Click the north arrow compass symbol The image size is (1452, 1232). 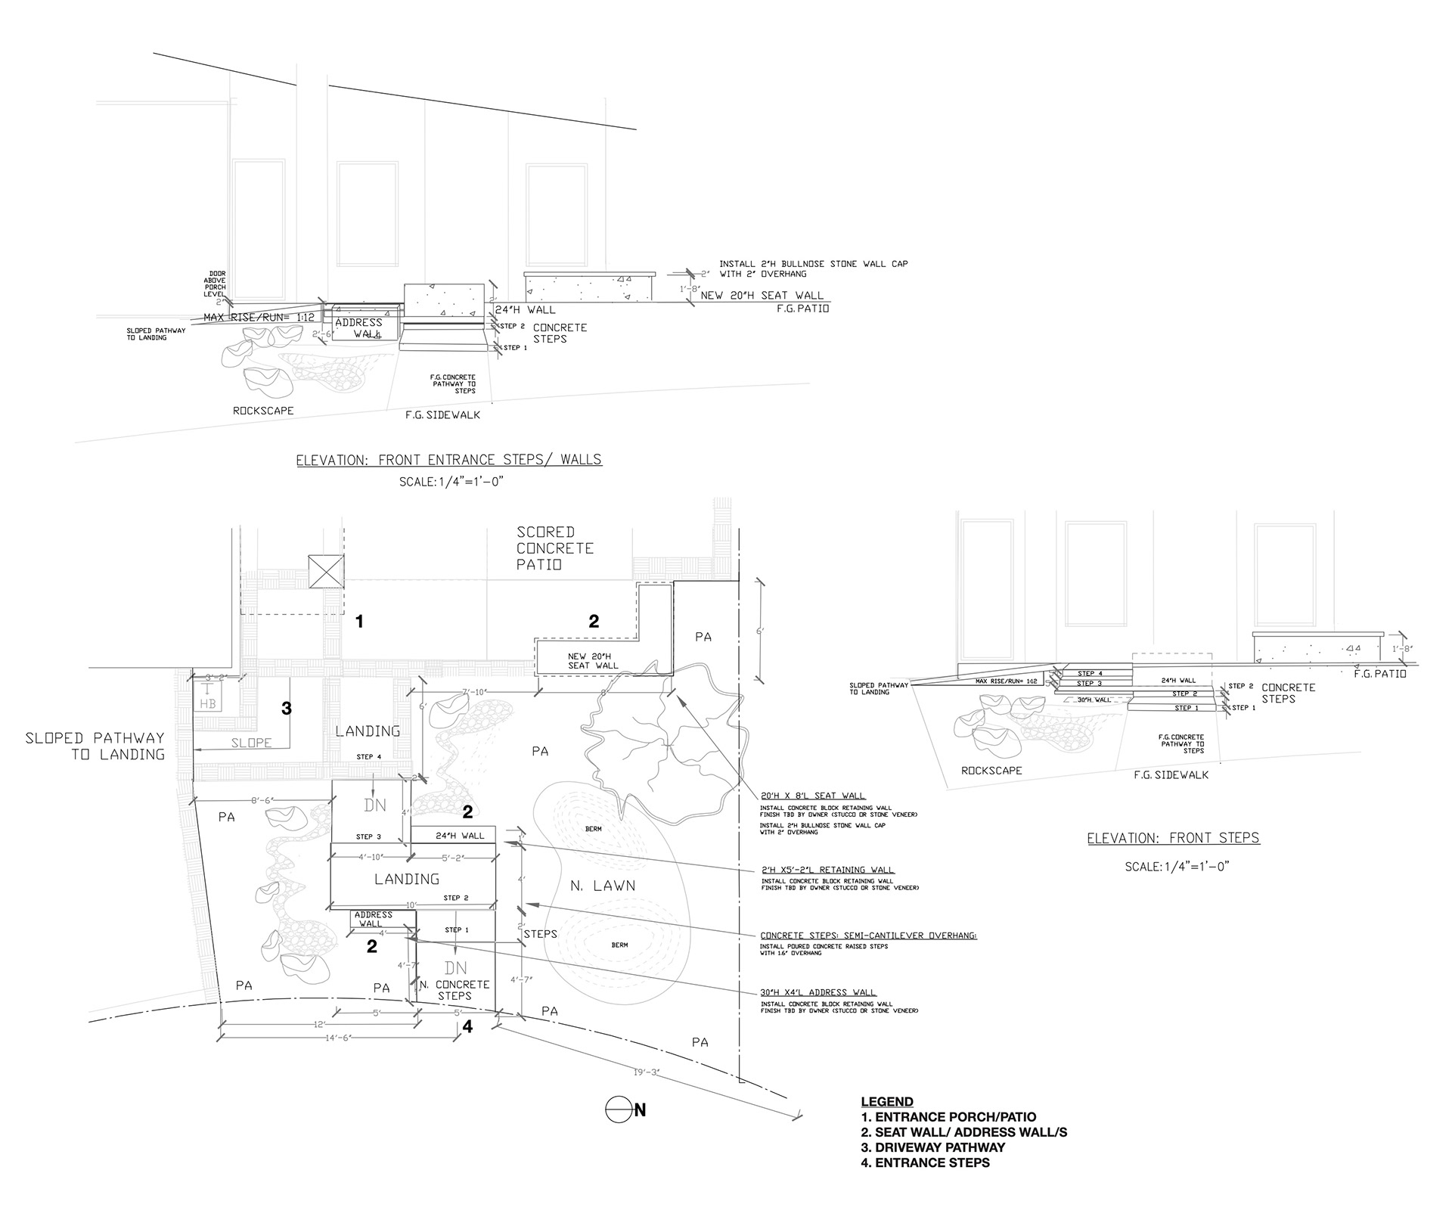point(618,1109)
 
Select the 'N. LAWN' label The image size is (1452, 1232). point(603,885)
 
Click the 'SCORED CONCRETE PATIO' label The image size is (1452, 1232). point(554,548)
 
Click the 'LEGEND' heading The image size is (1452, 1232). point(887,1101)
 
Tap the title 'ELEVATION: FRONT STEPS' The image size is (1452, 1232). point(1173,838)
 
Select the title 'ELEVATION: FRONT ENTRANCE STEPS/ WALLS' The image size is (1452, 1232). point(449,459)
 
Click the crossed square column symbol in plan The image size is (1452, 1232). point(326,571)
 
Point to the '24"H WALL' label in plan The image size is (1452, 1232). point(460,836)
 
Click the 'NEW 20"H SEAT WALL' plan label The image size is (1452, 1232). point(593,660)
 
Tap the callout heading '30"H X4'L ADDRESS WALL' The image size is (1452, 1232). point(818,992)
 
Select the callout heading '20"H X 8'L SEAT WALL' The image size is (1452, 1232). point(813,795)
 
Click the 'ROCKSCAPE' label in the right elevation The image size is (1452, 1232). point(991,771)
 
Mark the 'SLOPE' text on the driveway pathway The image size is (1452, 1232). point(251,743)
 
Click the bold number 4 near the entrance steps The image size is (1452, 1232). point(467,1027)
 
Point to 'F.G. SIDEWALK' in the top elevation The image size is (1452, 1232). point(443,414)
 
